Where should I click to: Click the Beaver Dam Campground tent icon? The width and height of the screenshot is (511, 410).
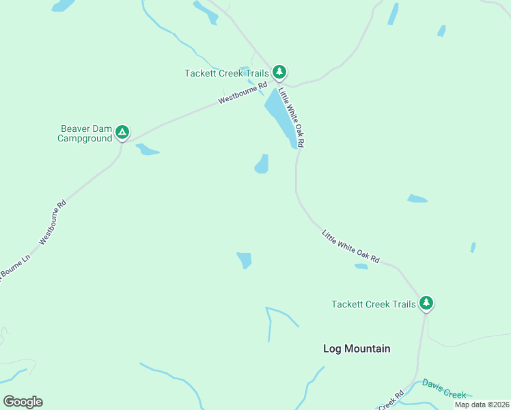pyautogui.click(x=122, y=132)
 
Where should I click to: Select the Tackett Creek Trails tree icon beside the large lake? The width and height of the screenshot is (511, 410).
pyautogui.click(x=279, y=72)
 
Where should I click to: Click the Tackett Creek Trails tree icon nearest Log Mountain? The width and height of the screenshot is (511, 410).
pyautogui.click(x=426, y=303)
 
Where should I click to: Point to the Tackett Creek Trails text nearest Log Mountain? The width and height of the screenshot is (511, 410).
pyautogui.click(x=373, y=304)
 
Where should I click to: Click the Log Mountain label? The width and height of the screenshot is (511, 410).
pyautogui.click(x=357, y=348)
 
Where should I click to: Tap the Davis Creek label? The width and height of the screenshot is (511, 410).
pyautogui.click(x=444, y=389)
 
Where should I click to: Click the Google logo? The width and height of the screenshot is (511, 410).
pyautogui.click(x=23, y=402)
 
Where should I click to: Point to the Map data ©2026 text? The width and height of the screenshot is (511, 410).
pyautogui.click(x=482, y=405)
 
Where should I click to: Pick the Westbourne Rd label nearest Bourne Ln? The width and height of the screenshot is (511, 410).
pyautogui.click(x=53, y=222)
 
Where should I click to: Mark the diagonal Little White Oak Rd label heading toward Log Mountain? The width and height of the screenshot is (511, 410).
pyautogui.click(x=350, y=247)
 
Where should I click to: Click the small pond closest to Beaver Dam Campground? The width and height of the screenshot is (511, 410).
pyautogui.click(x=147, y=150)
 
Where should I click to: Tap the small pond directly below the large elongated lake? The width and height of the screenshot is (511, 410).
pyautogui.click(x=262, y=164)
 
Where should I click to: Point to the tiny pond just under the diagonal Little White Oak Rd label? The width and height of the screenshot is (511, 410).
pyautogui.click(x=361, y=266)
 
